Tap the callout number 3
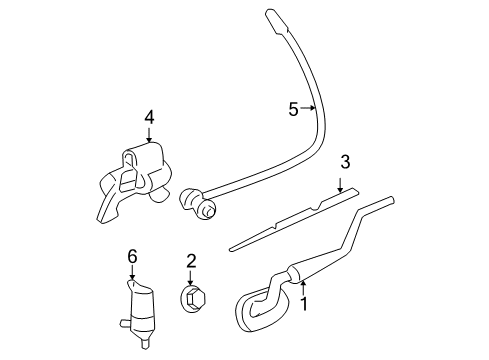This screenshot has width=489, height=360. [x=345, y=162]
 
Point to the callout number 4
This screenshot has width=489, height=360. [x=149, y=118]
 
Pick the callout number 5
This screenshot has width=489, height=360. [x=294, y=109]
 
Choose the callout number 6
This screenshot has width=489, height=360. [x=131, y=256]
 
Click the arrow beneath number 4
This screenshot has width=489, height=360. [x=149, y=137]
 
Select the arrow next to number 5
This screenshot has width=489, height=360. [x=310, y=109]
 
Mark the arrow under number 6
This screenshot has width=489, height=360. [x=131, y=273]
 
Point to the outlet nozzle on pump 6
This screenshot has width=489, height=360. [x=121, y=322]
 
